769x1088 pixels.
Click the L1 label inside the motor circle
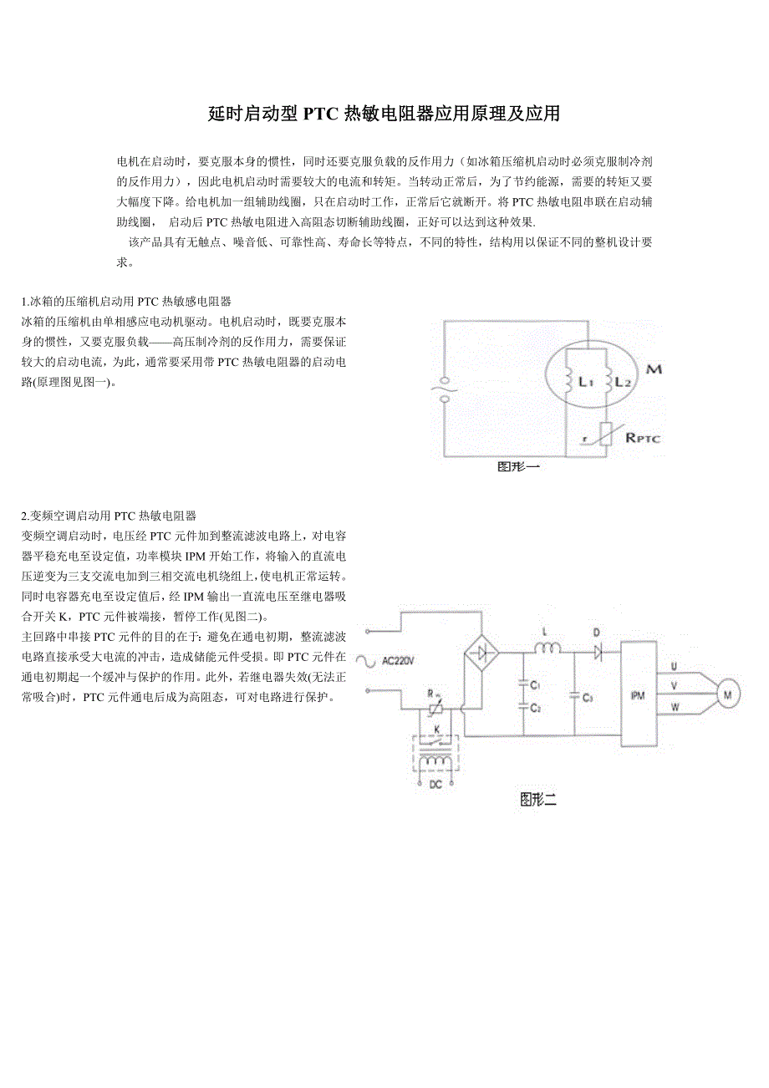click(x=585, y=382)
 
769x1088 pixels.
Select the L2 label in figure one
click(x=622, y=382)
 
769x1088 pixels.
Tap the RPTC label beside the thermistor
click(x=642, y=436)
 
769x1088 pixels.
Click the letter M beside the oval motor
click(x=654, y=368)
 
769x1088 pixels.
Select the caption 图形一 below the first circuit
click(x=518, y=467)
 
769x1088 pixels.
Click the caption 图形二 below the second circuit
click(x=537, y=800)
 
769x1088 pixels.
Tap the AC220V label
click(x=398, y=660)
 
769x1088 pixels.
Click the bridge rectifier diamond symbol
click(x=482, y=652)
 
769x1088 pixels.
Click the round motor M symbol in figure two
click(x=726, y=694)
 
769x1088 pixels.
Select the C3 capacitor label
click(x=588, y=697)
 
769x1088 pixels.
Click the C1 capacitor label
click(x=535, y=685)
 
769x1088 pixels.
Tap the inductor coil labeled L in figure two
click(x=547, y=647)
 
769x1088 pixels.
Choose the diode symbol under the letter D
click(x=597, y=649)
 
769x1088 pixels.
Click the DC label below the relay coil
click(x=435, y=785)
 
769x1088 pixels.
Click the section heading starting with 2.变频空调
click(x=109, y=516)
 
